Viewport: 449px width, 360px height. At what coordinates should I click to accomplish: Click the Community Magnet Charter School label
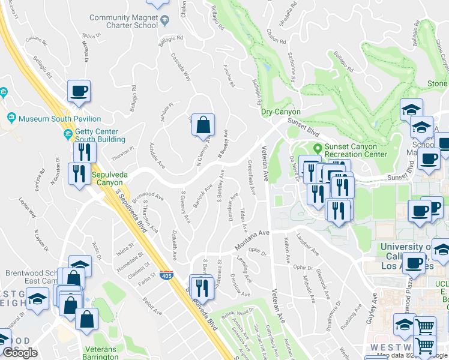(x=123, y=22)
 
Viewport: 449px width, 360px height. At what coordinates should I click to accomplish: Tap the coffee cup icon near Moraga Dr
(x=79, y=92)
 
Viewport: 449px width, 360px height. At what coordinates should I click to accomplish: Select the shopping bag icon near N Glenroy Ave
(x=203, y=125)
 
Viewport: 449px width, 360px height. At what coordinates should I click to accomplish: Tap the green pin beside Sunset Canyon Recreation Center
(x=318, y=148)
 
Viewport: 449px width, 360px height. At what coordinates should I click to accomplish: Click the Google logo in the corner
(x=20, y=353)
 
